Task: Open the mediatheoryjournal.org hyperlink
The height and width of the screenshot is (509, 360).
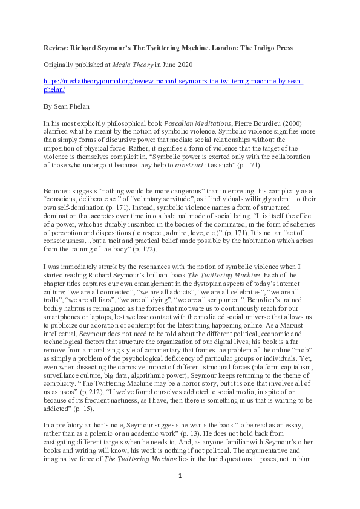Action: click(x=172, y=82)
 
